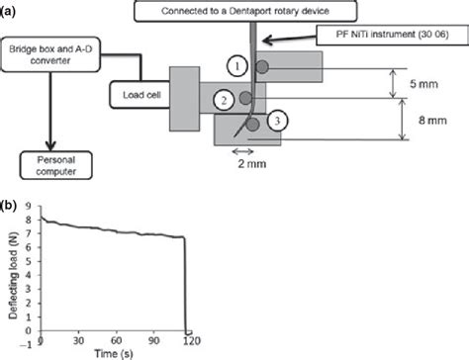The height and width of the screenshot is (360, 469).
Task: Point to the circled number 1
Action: click(x=234, y=66)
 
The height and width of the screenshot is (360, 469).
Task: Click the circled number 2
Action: click(x=225, y=99)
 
